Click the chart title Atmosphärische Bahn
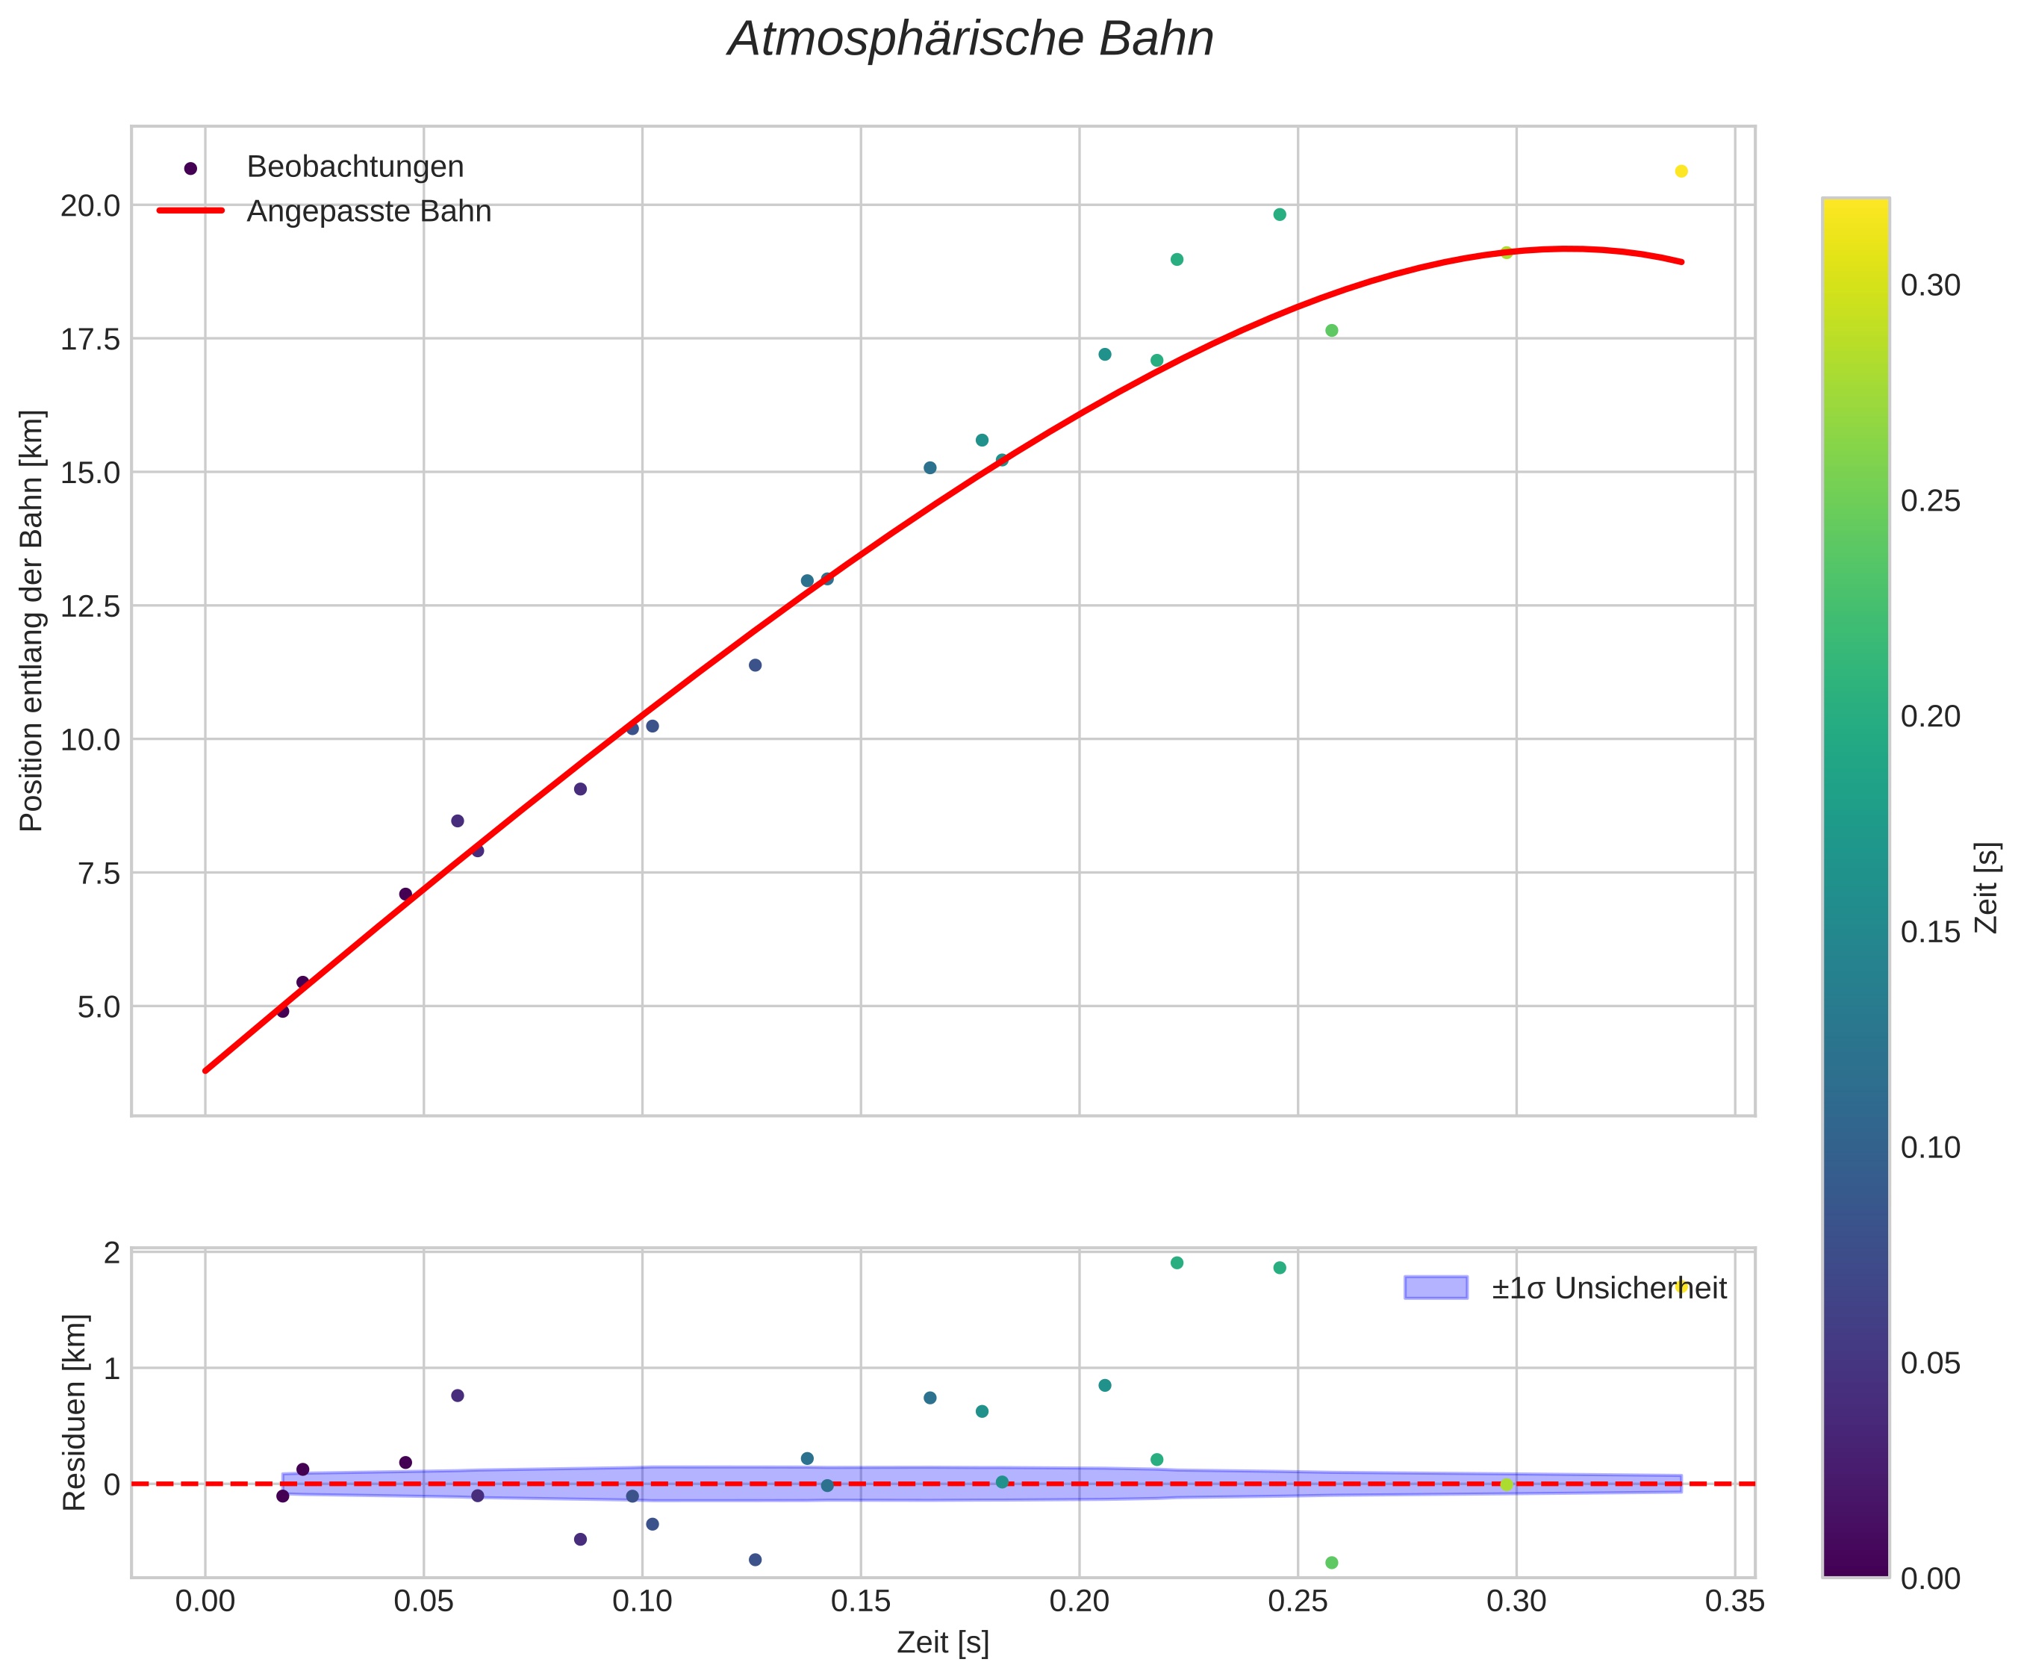point(970,40)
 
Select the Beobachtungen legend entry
point(354,167)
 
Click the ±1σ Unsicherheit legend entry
point(1608,1288)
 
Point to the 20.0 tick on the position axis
point(90,206)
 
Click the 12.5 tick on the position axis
point(90,606)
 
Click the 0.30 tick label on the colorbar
point(1931,286)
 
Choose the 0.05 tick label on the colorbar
point(1931,1364)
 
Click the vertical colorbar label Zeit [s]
point(1987,889)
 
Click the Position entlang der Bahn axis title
point(32,621)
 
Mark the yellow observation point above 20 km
point(1681,171)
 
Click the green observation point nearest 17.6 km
point(1332,330)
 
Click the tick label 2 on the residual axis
point(112,1252)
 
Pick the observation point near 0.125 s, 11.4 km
point(756,665)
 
